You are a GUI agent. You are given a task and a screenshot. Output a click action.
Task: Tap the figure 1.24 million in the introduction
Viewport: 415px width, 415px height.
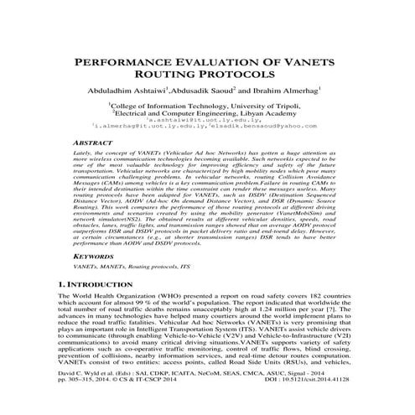click(x=267, y=307)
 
